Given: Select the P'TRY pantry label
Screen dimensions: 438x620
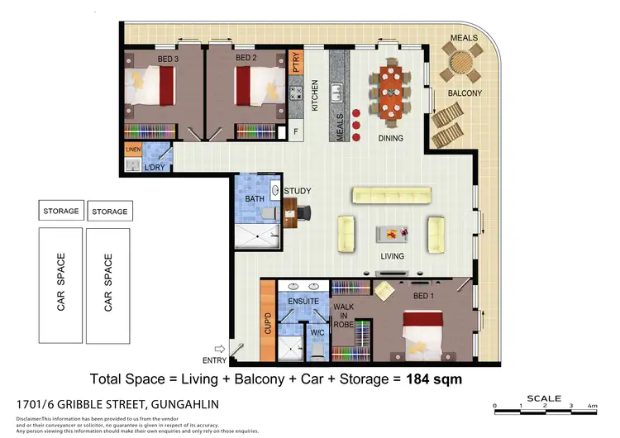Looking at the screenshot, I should [297, 63].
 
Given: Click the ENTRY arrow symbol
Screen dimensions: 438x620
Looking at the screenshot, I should [219, 350].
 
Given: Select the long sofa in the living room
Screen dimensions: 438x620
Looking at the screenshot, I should [391, 195].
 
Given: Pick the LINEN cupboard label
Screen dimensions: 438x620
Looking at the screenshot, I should [133, 150].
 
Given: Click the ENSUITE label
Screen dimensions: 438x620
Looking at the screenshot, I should [304, 302].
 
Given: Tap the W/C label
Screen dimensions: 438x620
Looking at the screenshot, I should [317, 332].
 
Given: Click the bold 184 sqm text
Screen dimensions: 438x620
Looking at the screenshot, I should [432, 378].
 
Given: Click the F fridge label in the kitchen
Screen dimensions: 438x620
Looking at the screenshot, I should [295, 131].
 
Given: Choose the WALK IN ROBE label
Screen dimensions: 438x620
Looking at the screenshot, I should [342, 315].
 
